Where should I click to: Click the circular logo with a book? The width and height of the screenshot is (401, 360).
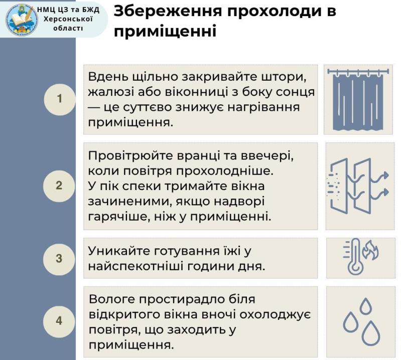[x=22, y=20]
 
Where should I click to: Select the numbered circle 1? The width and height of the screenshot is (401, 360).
[x=60, y=99]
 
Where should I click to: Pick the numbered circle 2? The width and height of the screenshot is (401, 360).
[x=59, y=186]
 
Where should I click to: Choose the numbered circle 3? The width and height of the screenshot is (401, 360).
[x=59, y=258]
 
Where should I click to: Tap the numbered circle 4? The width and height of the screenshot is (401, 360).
[x=59, y=321]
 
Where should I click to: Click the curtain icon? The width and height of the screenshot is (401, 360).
[x=358, y=99]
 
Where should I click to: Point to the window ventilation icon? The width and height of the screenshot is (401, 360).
[x=358, y=186]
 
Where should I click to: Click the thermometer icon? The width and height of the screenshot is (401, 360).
[x=354, y=256]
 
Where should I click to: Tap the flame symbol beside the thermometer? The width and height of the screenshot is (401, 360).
[x=370, y=250]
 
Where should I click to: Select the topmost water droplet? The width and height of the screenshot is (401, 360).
[x=365, y=305]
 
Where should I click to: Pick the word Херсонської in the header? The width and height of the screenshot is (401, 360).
[x=68, y=20]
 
